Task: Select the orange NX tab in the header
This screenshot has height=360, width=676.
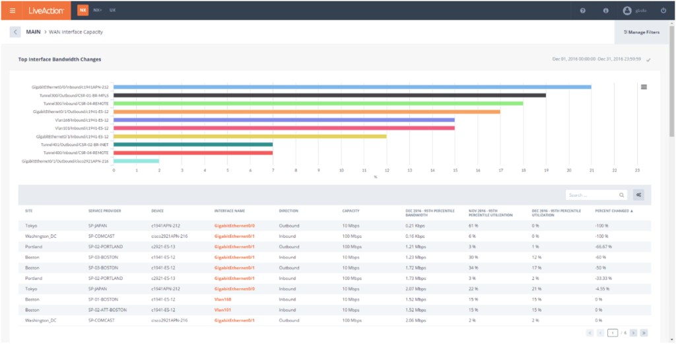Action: click(83, 11)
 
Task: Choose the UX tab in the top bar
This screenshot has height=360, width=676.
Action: click(113, 11)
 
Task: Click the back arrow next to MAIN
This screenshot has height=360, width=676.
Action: click(15, 32)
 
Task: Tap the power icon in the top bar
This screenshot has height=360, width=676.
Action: click(663, 11)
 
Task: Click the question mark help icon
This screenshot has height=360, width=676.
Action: click(582, 11)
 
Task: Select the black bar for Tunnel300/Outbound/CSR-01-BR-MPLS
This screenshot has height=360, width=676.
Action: click(330, 95)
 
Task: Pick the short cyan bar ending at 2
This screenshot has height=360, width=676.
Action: click(137, 161)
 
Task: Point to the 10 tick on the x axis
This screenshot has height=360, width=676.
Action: click(341, 170)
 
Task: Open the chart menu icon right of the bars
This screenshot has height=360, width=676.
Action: click(644, 87)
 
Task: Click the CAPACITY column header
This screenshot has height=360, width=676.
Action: click(351, 211)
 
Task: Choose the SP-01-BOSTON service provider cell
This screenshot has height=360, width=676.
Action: click(103, 300)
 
